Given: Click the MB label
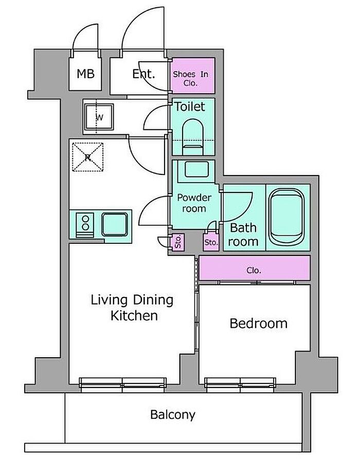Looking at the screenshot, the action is click(x=85, y=74).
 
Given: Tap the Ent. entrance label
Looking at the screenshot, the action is click(x=143, y=74).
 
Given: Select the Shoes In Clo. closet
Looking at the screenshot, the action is click(x=193, y=76).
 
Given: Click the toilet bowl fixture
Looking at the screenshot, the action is click(x=193, y=137).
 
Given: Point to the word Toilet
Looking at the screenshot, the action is click(x=190, y=107).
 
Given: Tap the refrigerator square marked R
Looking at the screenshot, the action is click(x=88, y=157).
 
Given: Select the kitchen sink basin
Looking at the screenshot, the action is click(x=115, y=224).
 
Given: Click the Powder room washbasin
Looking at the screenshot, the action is click(x=196, y=169).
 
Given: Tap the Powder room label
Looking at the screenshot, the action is click(x=194, y=203).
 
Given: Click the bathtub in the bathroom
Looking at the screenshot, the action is click(x=286, y=217).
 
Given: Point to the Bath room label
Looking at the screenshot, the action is click(x=243, y=235).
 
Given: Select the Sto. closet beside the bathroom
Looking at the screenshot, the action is click(x=211, y=242).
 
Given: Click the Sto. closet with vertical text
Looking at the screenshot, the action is click(x=177, y=242).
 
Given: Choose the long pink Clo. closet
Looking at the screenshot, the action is click(x=255, y=268).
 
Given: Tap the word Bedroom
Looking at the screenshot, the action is click(x=259, y=324).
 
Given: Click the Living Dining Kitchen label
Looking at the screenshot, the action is click(x=132, y=308).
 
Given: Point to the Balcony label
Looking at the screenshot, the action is click(x=173, y=415).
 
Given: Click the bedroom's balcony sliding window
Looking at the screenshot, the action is click(x=240, y=385).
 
